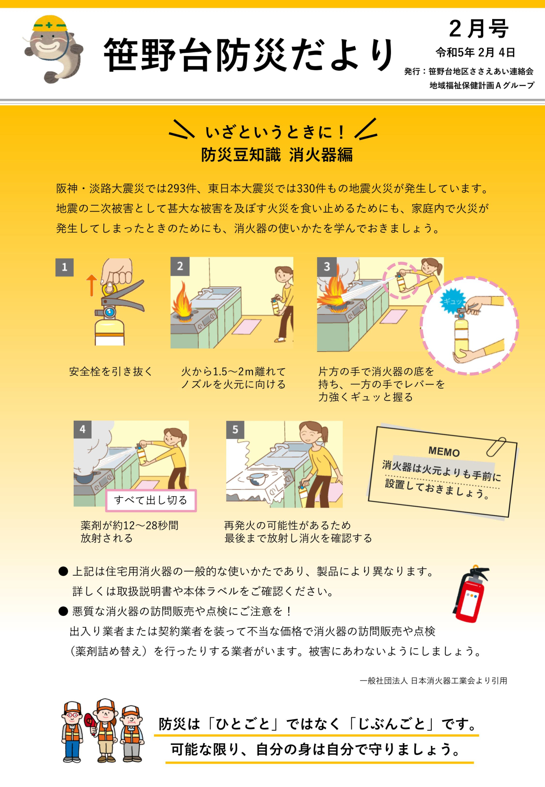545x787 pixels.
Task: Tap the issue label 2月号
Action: click(x=479, y=29)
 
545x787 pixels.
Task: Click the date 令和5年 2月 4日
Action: click(x=475, y=52)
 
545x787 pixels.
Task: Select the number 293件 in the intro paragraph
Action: click(x=182, y=188)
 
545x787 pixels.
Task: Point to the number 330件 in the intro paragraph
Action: click(x=311, y=188)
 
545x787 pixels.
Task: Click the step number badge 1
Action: click(x=64, y=267)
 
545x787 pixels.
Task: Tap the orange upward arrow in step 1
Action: click(x=91, y=285)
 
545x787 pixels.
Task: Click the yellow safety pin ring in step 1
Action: click(x=109, y=288)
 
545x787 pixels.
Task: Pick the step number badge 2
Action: click(x=180, y=267)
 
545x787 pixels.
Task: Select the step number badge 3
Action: click(x=327, y=267)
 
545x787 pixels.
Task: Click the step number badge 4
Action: click(x=83, y=430)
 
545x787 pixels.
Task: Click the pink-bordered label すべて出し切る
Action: click(x=151, y=500)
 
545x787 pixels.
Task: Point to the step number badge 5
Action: click(x=235, y=430)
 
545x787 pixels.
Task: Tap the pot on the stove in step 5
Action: click(x=256, y=479)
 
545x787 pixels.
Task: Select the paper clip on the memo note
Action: click(x=496, y=446)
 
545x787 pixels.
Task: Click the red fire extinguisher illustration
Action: click(x=470, y=594)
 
